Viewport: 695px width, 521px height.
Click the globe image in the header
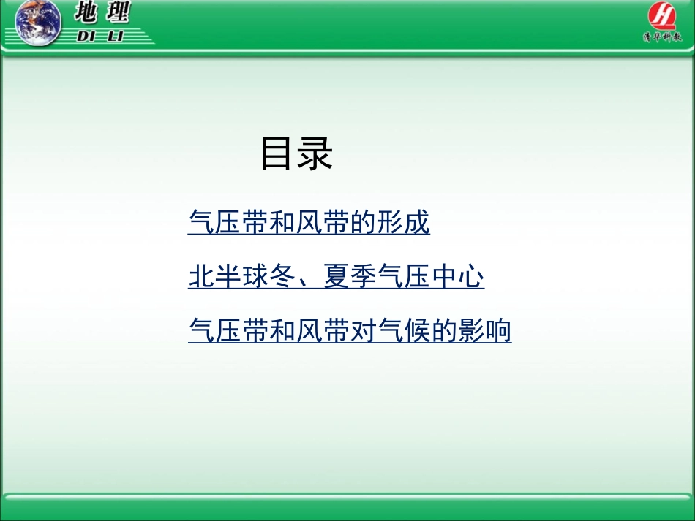[39, 23]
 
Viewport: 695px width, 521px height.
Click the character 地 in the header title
[92, 12]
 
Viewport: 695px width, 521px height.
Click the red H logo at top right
[662, 15]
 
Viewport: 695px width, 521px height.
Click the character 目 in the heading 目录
[278, 155]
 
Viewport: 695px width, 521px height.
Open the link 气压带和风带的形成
[309, 223]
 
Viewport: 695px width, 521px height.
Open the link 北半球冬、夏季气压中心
[336, 278]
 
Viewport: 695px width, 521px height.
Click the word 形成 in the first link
[404, 223]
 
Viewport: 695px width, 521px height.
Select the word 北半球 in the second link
[228, 278]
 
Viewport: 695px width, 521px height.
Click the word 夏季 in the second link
[350, 278]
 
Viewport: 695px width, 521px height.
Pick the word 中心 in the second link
[457, 278]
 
